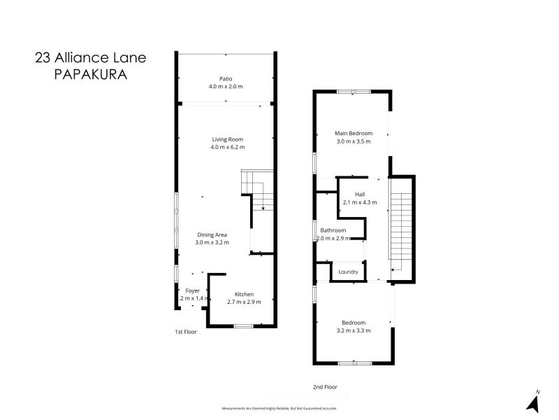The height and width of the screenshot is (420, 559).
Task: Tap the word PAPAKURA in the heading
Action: pos(90,74)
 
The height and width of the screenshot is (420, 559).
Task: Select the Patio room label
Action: pos(225,79)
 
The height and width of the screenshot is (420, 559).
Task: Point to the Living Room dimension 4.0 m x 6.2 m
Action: pos(227,147)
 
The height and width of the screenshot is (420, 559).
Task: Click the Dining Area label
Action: pos(212,234)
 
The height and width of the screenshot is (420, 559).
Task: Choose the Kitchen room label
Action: pos(244,294)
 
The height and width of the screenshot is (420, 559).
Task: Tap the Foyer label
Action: pos(192,290)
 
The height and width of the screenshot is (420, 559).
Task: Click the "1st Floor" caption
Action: pos(186,332)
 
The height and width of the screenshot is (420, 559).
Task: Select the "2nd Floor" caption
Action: pos(325,386)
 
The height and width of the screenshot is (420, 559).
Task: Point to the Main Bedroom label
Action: pos(353,133)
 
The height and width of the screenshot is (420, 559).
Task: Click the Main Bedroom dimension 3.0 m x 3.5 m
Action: pos(353,141)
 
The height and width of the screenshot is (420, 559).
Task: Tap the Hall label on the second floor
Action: pos(360,194)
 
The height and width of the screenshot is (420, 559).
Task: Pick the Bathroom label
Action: pos(333,230)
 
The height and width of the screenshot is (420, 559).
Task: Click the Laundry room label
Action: pos(348,272)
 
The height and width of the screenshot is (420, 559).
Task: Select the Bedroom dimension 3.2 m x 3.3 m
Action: pos(353,330)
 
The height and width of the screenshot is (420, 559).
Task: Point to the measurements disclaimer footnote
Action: pos(279,407)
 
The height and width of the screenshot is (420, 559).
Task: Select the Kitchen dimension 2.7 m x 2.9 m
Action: pos(244,302)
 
